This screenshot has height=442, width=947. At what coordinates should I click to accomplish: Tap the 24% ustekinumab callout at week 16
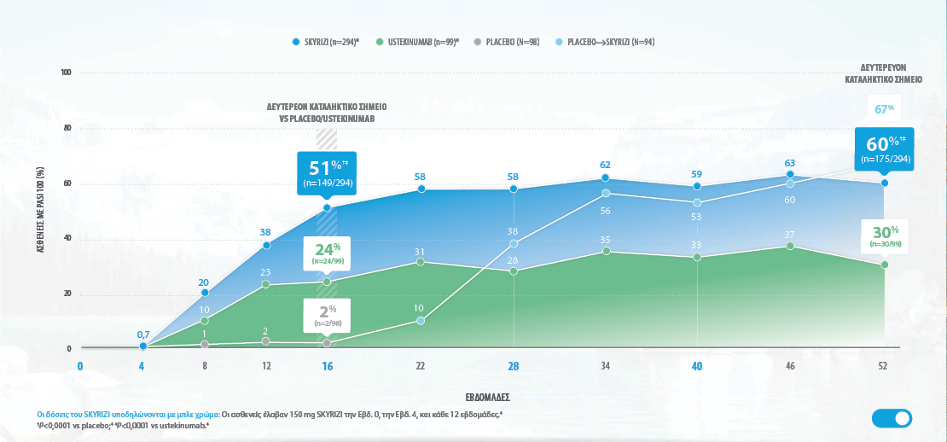(x=326, y=253)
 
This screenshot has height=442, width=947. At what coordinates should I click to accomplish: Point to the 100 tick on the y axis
(x=66, y=73)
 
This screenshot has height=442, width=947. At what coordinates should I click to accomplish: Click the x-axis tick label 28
(x=514, y=366)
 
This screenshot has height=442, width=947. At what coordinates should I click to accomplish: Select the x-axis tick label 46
(x=790, y=366)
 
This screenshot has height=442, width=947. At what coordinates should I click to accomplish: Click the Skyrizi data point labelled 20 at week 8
(x=205, y=293)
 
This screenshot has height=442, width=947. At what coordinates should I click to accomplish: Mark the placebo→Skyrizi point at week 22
(x=421, y=321)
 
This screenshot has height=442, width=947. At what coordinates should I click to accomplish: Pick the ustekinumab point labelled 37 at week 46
(x=790, y=246)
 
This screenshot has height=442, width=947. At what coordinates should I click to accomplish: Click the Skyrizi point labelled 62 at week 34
(x=606, y=177)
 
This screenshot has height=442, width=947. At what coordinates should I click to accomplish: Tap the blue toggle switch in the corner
(x=892, y=418)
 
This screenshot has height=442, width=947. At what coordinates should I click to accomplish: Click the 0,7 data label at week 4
(x=143, y=334)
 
